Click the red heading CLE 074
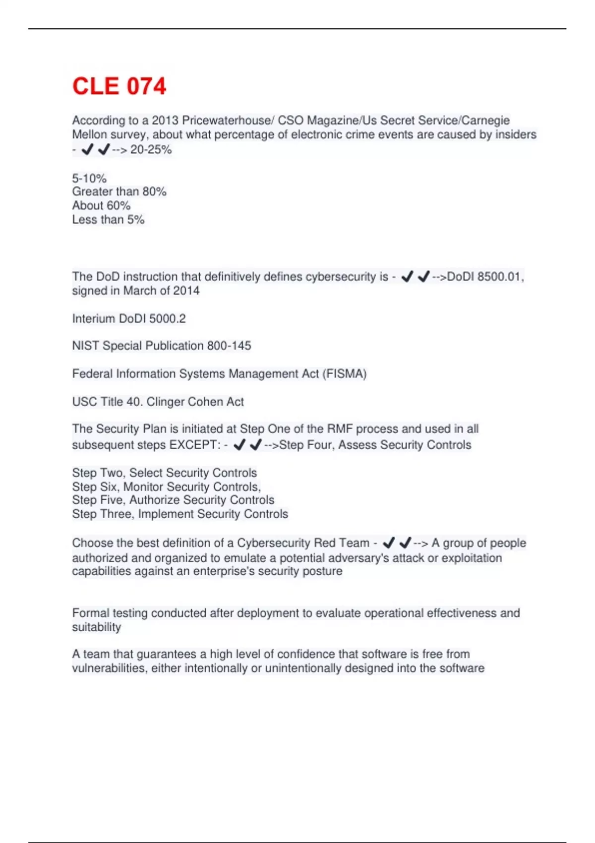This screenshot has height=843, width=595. pyautogui.click(x=119, y=86)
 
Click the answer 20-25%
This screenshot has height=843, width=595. pyautogui.click(x=151, y=150)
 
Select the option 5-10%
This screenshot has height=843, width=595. pyautogui.click(x=89, y=178)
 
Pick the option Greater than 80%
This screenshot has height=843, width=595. pyautogui.click(x=119, y=192)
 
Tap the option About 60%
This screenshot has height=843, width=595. pyautogui.click(x=101, y=206)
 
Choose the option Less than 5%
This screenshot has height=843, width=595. pyautogui.click(x=108, y=220)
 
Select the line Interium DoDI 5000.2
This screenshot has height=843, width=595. pyautogui.click(x=129, y=319)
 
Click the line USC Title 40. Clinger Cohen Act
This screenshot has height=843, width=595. pyautogui.click(x=158, y=402)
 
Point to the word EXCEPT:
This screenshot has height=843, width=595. pyautogui.click(x=195, y=445)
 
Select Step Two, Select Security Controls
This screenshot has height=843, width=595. pyautogui.click(x=165, y=473)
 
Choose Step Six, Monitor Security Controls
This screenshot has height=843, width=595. pyautogui.click(x=166, y=486)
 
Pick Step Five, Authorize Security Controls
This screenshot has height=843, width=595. pyautogui.click(x=173, y=500)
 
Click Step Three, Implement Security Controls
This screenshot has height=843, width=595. pyautogui.click(x=180, y=514)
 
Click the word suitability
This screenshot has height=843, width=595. pyautogui.click(x=97, y=627)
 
